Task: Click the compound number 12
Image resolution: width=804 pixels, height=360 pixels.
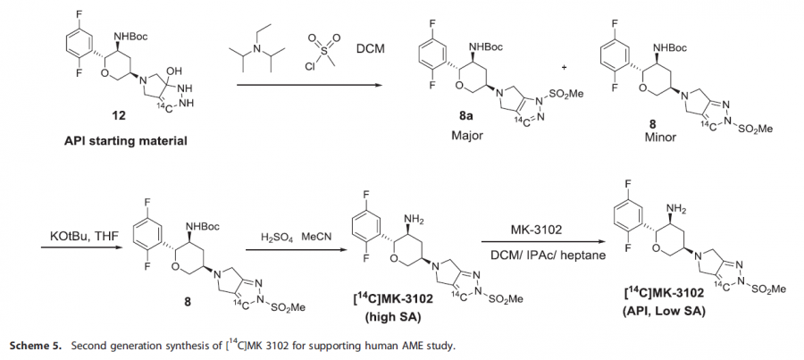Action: coord(119,117)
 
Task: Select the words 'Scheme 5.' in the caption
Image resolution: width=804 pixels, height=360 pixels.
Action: coord(37,344)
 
